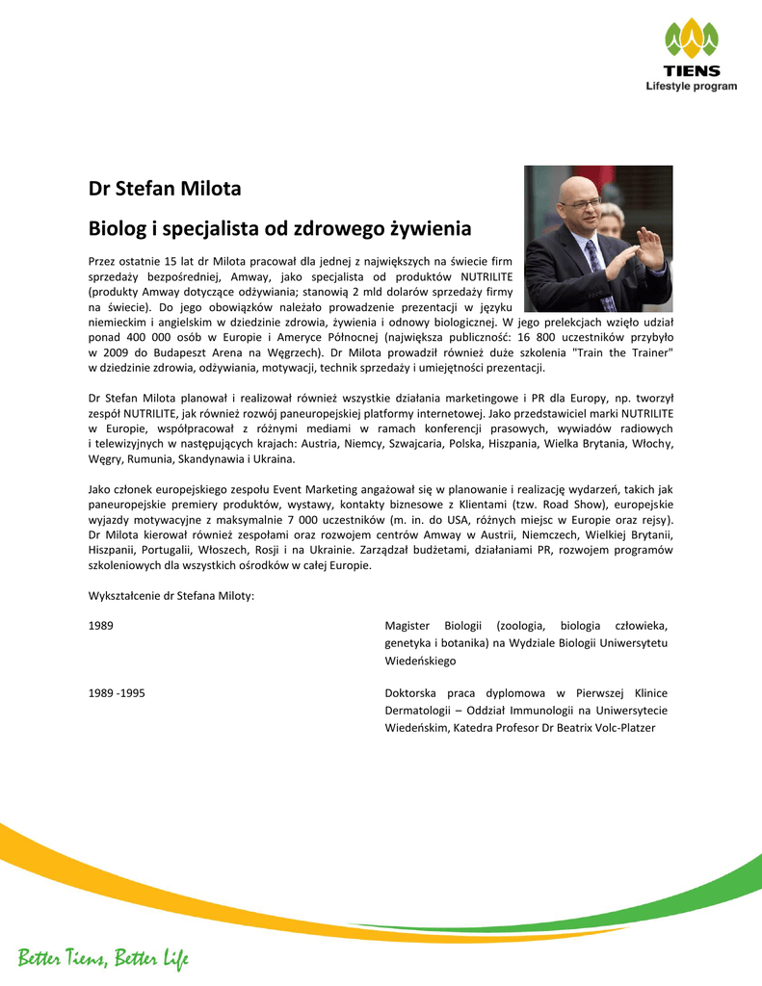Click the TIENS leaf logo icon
pos(691,41)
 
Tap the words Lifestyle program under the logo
pos(691,86)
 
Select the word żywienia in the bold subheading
pos(431,229)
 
